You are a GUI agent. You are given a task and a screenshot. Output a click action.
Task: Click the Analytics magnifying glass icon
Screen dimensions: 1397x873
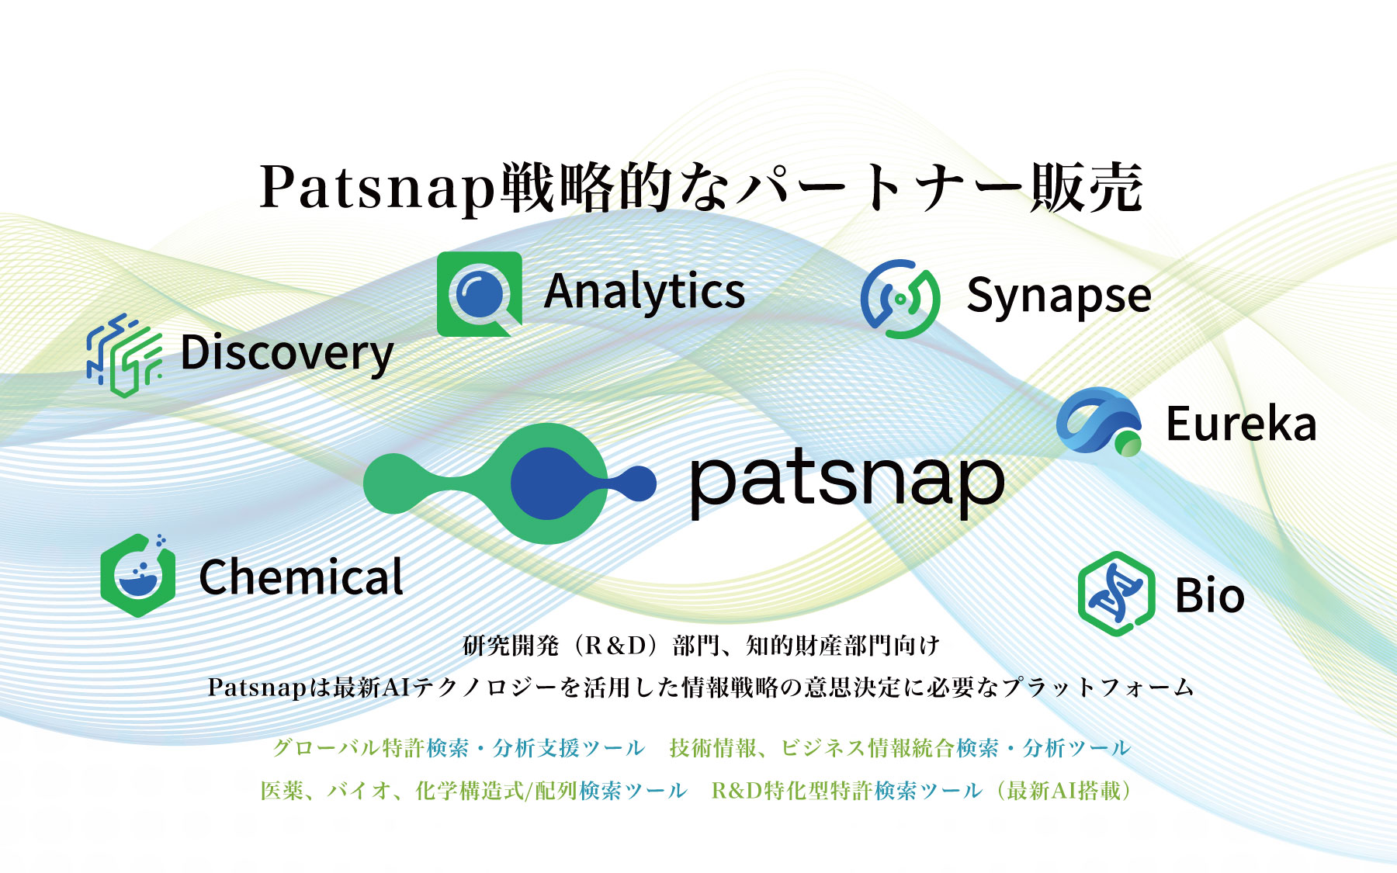(x=480, y=294)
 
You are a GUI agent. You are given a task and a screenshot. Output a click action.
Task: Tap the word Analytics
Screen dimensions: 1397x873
(x=644, y=293)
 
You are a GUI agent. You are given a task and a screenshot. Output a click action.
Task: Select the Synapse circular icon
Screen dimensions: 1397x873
(x=900, y=299)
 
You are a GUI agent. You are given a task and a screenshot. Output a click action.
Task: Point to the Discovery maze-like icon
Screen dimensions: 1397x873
(x=124, y=355)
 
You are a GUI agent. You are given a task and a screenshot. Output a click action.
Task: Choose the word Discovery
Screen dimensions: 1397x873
(x=287, y=354)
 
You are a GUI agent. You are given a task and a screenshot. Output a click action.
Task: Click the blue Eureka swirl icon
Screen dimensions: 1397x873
(x=1099, y=421)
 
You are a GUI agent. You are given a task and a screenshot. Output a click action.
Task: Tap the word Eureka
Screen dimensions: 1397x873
(x=1241, y=424)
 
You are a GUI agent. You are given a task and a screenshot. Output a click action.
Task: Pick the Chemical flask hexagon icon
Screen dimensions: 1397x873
(x=138, y=575)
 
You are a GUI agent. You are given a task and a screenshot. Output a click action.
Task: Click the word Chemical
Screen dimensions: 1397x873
(x=301, y=577)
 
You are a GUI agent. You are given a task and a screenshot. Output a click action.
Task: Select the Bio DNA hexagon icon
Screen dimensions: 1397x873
(x=1116, y=594)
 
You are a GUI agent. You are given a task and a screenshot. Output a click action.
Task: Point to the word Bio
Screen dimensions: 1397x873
(x=1210, y=595)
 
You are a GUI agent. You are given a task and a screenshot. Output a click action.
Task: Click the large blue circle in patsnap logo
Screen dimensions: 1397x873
(x=549, y=483)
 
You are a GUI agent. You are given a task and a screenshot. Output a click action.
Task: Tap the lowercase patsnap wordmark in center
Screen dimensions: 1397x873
(x=848, y=481)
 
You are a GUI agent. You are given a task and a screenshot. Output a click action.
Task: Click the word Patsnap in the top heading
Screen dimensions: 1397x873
(x=378, y=188)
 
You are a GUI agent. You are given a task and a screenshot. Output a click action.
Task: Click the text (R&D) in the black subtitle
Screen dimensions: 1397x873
(x=615, y=646)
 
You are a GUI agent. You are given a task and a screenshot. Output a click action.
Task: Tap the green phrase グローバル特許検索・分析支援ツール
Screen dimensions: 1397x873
(x=459, y=748)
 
